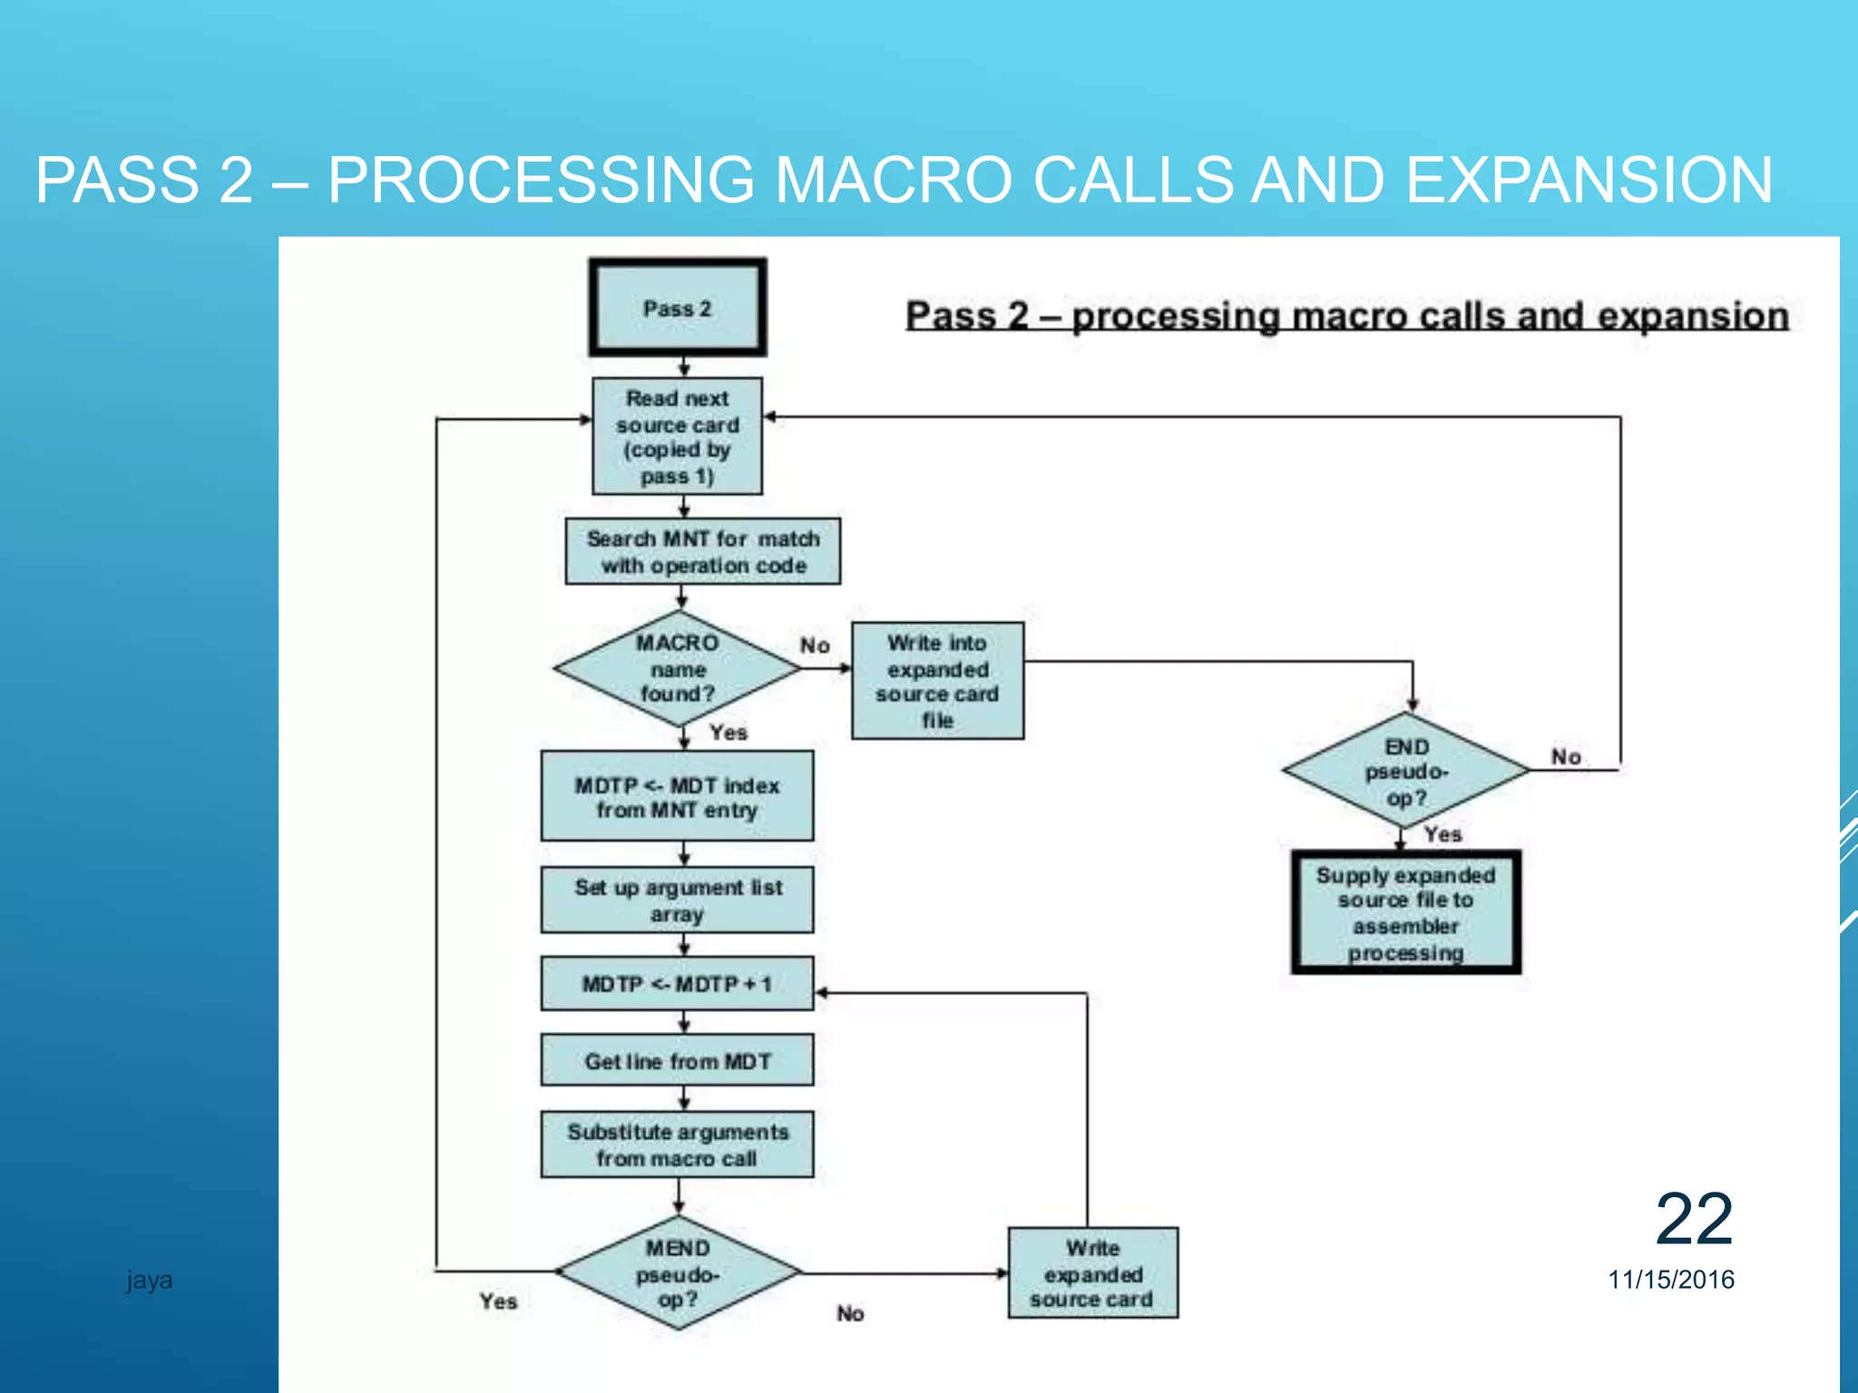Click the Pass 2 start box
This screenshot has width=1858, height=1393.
tap(677, 307)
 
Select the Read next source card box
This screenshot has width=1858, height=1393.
tap(677, 436)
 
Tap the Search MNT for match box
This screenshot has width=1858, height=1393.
tap(702, 551)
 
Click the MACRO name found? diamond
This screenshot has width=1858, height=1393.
tap(677, 668)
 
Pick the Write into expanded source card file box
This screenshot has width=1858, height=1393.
tap(937, 681)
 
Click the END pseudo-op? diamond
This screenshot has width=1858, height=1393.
tap(1405, 771)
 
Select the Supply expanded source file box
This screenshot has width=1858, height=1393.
tap(1405, 912)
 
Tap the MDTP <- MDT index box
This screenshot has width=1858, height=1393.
tap(677, 796)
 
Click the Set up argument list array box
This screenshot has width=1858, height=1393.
tap(677, 900)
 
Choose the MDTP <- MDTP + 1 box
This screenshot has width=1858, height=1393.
tap(677, 984)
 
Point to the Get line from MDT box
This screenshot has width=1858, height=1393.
tap(677, 1060)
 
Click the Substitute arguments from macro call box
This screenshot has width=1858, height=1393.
tap(677, 1145)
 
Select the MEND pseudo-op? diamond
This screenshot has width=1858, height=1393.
tap(677, 1273)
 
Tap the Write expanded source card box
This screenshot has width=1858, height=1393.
tap(1092, 1273)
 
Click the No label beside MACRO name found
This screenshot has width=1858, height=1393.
tap(815, 646)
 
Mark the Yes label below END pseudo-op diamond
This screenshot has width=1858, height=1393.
tap(1442, 834)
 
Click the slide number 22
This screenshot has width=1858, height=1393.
tap(1694, 1220)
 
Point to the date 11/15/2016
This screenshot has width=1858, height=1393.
tap(1670, 1280)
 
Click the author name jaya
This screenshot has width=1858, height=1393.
tap(150, 1280)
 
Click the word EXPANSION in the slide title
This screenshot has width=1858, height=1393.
tap(1589, 180)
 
